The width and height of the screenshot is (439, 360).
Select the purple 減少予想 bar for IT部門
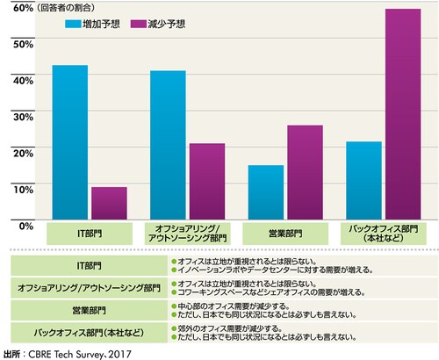click(109, 203)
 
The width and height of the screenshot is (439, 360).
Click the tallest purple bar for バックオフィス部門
click(404, 114)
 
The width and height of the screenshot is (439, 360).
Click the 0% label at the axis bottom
click(25, 225)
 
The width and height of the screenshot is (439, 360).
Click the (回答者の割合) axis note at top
click(37, 7)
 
